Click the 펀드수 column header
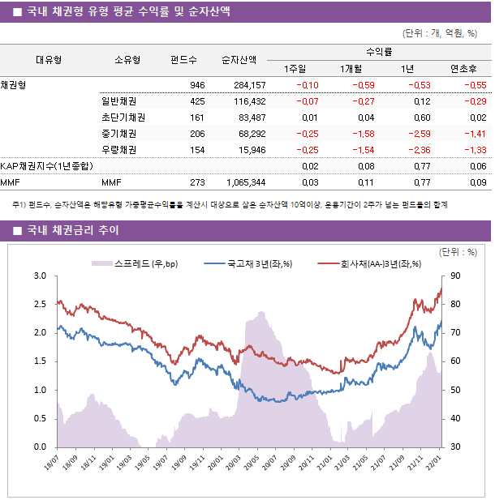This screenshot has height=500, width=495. [184, 60]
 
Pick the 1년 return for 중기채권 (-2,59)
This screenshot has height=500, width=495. [419, 134]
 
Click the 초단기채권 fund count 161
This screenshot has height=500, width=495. [197, 118]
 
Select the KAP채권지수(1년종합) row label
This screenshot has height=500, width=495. [46, 166]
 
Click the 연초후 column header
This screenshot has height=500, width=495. [468, 68]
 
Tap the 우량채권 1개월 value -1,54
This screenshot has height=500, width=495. [362, 150]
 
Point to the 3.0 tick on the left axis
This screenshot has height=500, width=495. [39, 276]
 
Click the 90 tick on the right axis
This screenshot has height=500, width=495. [456, 276]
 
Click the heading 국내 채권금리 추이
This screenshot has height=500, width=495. [73, 231]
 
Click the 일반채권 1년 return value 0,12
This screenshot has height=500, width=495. [421, 101]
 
